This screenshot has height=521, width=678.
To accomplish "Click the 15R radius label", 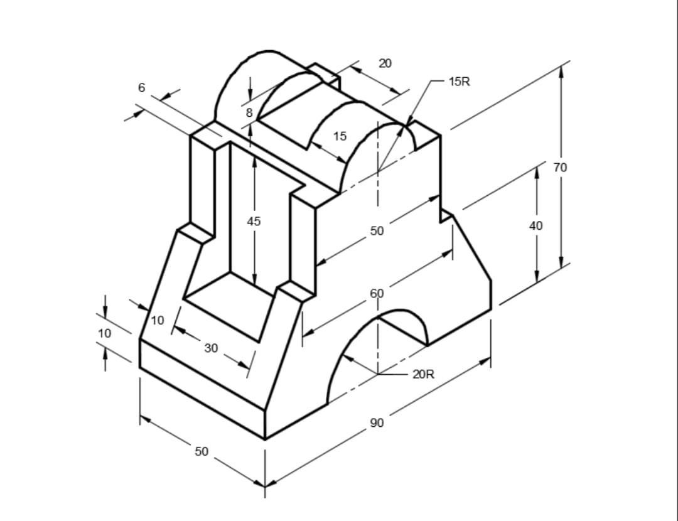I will (x=460, y=82).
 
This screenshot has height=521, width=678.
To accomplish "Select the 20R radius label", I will (x=423, y=375).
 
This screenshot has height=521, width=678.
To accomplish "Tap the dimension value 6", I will (x=142, y=88).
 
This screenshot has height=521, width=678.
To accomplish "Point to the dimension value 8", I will (x=249, y=113).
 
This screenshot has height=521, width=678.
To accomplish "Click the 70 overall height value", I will (x=561, y=167).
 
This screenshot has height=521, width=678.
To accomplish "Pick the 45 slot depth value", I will (x=254, y=221).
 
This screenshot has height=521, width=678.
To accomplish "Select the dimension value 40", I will (x=535, y=226).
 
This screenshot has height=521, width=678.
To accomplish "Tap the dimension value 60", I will (x=377, y=293).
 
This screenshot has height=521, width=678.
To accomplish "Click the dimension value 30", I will (x=212, y=348).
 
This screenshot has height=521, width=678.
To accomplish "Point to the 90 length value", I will (x=377, y=423).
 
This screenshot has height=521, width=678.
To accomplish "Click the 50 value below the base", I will (x=201, y=451).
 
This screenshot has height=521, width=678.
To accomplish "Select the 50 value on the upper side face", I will (x=377, y=231).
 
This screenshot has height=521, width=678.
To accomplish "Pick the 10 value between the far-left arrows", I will (x=105, y=333).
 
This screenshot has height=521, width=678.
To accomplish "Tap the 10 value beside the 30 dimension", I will (x=158, y=321).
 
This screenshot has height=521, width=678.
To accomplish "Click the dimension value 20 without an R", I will (x=385, y=63).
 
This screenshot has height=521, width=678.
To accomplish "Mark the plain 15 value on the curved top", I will (x=340, y=136).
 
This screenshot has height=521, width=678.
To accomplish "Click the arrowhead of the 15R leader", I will (x=409, y=122).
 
